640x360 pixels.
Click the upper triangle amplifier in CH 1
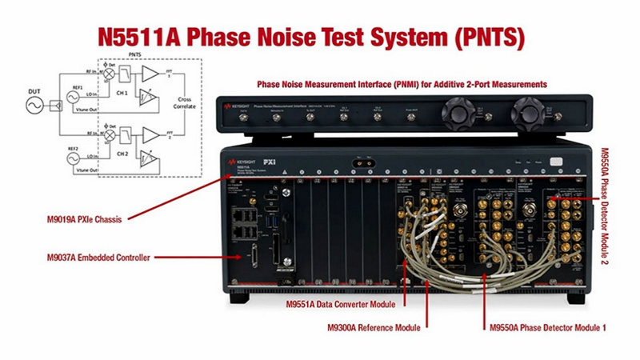150,74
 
